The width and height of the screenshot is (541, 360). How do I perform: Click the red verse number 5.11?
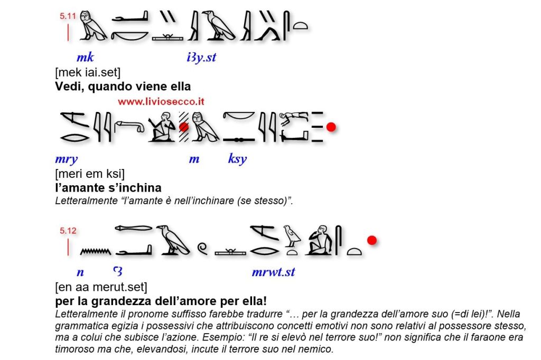click(68, 16)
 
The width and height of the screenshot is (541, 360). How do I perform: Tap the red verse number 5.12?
click(68, 230)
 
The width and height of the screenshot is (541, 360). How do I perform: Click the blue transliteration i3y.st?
click(201, 58)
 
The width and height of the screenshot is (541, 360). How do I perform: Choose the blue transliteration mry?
click(66, 158)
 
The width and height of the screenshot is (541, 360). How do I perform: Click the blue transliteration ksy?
click(237, 158)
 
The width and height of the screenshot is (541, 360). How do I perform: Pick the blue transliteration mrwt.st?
click(273, 272)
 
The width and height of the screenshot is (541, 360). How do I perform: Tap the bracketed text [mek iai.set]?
click(88, 72)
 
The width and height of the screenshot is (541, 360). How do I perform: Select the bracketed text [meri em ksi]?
click(90, 174)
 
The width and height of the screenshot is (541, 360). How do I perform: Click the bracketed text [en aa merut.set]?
click(101, 288)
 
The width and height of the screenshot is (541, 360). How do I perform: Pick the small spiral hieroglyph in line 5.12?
click(202, 247)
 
